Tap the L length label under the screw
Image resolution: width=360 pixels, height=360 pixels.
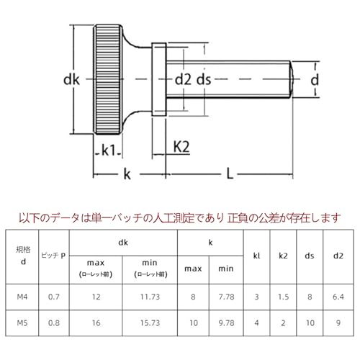pyautogui.click(x=229, y=173)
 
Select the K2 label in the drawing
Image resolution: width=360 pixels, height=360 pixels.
pyautogui.click(x=181, y=146)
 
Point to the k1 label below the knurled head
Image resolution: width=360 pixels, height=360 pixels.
pyautogui.click(x=109, y=150)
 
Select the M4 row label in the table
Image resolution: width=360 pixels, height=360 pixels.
pyautogui.click(x=23, y=295)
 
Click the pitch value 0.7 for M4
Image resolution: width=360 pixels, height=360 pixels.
pyautogui.click(x=54, y=295)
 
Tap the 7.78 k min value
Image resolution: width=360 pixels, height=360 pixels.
pyautogui.click(x=226, y=295)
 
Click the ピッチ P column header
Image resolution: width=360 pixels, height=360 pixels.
pyautogui.click(x=54, y=255)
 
